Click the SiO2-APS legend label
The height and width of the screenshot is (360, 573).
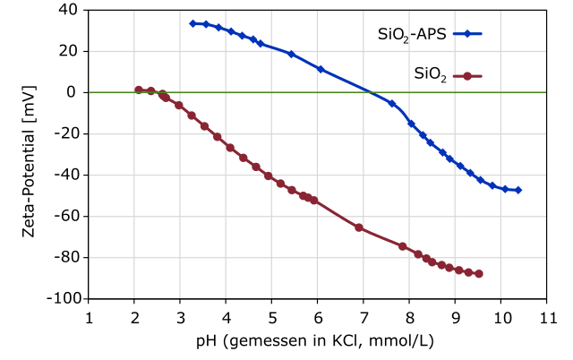pyautogui.click(x=414, y=35)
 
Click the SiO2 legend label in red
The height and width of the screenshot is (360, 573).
pyautogui.click(x=431, y=74)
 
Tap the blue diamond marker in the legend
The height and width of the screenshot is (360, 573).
pyautogui.click(x=467, y=34)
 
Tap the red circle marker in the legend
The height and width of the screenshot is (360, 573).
pyautogui.click(x=467, y=74)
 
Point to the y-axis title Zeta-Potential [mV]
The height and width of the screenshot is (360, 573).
pyautogui.click(x=30, y=154)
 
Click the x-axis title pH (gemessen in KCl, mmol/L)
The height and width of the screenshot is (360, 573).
pyautogui.click(x=318, y=341)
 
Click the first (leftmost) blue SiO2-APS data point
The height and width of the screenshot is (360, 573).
pyautogui.click(x=192, y=23)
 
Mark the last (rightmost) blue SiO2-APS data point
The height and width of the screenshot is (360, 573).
pyautogui.click(x=518, y=190)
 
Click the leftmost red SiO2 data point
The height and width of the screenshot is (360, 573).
pyautogui.click(x=139, y=90)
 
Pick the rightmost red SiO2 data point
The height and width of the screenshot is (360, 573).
pyautogui.click(x=479, y=273)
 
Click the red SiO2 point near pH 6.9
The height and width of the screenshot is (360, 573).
pyautogui.click(x=359, y=227)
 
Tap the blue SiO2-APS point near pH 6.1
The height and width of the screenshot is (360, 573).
pyautogui.click(x=321, y=69)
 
